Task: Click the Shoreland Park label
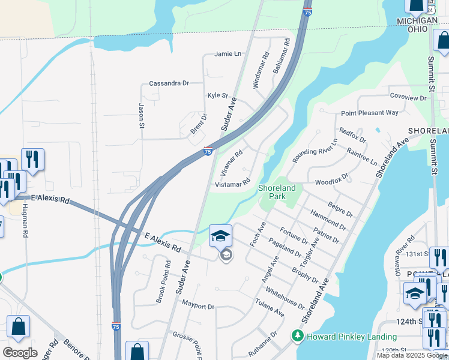(x=277, y=192)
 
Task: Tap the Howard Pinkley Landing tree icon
(x=297, y=336)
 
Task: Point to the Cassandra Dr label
(x=169, y=83)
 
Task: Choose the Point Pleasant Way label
(x=370, y=113)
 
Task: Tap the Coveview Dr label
(x=408, y=97)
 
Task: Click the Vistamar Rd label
(x=232, y=184)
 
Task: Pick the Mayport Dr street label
(x=198, y=306)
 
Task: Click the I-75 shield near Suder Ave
(x=208, y=151)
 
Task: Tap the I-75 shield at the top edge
(x=307, y=11)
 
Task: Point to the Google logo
(x=20, y=352)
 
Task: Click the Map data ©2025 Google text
(x=412, y=355)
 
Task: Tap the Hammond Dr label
(x=328, y=220)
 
